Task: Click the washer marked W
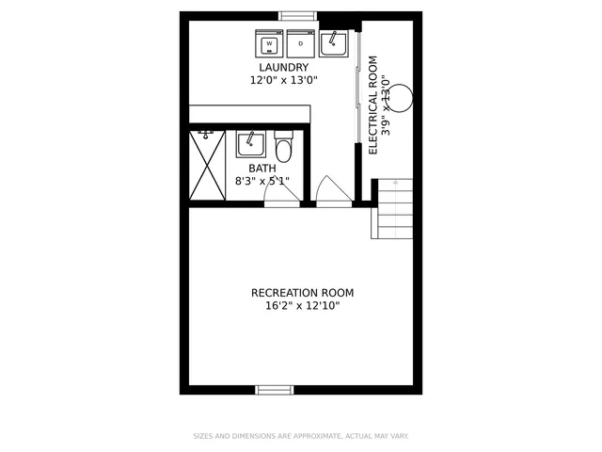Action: (x=270, y=43)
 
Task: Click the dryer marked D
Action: (x=301, y=43)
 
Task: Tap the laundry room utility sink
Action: (x=333, y=43)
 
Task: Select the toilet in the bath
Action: (x=284, y=149)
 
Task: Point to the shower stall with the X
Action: (x=207, y=165)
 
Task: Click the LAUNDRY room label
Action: (x=284, y=68)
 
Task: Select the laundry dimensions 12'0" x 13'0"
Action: (x=284, y=81)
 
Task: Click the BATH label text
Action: (x=262, y=169)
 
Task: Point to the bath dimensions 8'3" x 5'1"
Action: (x=262, y=181)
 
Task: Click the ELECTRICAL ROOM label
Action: (x=373, y=105)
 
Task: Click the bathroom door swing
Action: (x=280, y=190)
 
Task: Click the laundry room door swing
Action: (x=332, y=190)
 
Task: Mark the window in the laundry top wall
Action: (x=298, y=15)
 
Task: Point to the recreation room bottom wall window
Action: (x=275, y=389)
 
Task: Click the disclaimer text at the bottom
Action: (x=300, y=436)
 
